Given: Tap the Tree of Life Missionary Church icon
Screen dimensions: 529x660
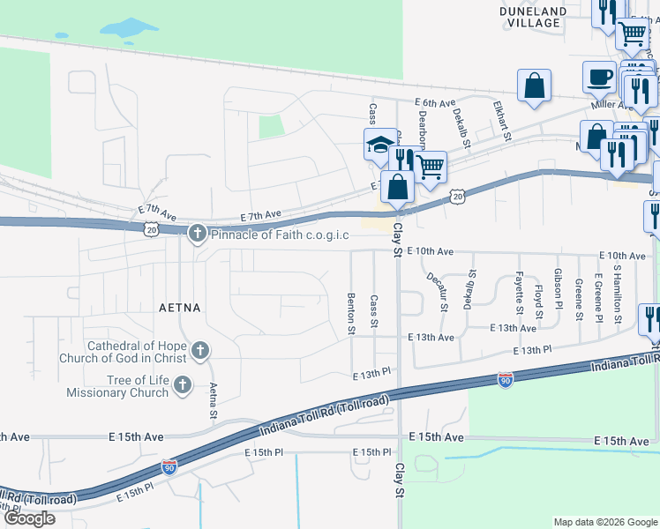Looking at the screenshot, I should coord(183,384).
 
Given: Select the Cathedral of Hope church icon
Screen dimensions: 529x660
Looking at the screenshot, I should coord(200,352).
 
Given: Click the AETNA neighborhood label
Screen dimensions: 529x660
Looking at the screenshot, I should coord(180,308).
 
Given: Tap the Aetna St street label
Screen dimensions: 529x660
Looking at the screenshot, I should coord(213,401).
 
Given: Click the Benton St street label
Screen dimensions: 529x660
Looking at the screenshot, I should coord(351,314).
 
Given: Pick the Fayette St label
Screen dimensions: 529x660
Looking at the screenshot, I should coord(519,294).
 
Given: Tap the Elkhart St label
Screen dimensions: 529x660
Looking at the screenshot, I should coord(503,119).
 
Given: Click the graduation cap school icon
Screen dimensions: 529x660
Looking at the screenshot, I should coord(379,144).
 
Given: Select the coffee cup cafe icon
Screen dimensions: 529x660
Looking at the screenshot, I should coord(600,76).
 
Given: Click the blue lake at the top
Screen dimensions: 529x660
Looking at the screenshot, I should coord(129,28).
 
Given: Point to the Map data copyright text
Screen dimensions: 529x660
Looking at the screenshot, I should coord(604,522).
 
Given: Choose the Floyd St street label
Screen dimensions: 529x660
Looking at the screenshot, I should coord(538,300).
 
